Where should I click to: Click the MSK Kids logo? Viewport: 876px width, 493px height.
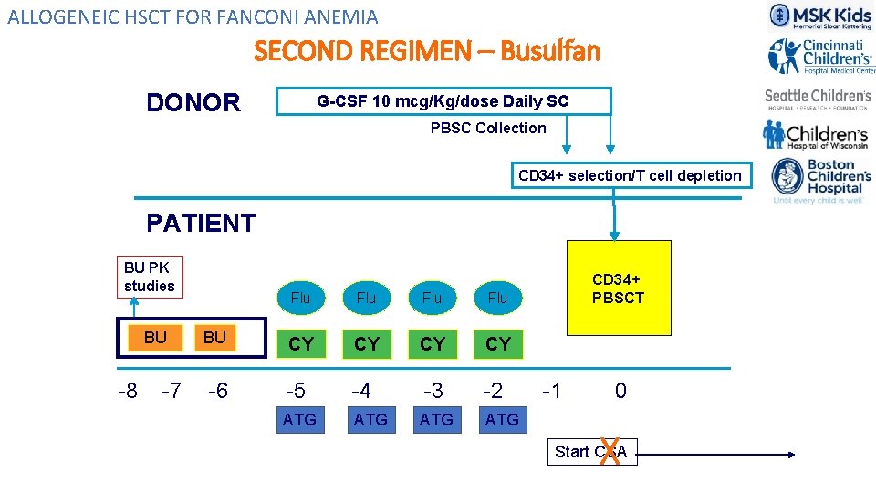pyautogui.click(x=819, y=16)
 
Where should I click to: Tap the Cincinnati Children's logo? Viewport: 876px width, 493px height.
pyautogui.click(x=820, y=57)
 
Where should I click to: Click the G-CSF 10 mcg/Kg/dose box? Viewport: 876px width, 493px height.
pyautogui.click(x=443, y=101)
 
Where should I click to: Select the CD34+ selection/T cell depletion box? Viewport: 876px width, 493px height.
pyautogui.click(x=630, y=175)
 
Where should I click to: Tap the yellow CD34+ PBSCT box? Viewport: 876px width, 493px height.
pyautogui.click(x=619, y=288)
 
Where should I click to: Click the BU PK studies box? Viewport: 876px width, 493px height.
pyautogui.click(x=149, y=277)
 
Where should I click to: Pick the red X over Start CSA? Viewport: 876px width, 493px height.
pyautogui.click(x=610, y=451)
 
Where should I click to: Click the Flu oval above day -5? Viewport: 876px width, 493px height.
pyautogui.click(x=300, y=298)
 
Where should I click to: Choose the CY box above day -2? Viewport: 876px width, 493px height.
pyautogui.click(x=498, y=344)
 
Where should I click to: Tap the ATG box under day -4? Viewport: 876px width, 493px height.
pyautogui.click(x=370, y=419)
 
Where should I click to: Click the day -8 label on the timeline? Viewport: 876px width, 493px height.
pyautogui.click(x=128, y=391)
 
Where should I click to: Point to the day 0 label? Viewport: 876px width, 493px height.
pyautogui.click(x=620, y=391)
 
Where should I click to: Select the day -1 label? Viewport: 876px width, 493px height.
pyautogui.click(x=551, y=391)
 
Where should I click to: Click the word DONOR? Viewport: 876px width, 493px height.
pyautogui.click(x=193, y=102)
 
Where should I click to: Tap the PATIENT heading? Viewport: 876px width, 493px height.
pyautogui.click(x=201, y=223)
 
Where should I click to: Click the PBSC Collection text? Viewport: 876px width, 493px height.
pyautogui.click(x=488, y=129)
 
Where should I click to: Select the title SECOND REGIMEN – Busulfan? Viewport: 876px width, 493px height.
pyautogui.click(x=427, y=51)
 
